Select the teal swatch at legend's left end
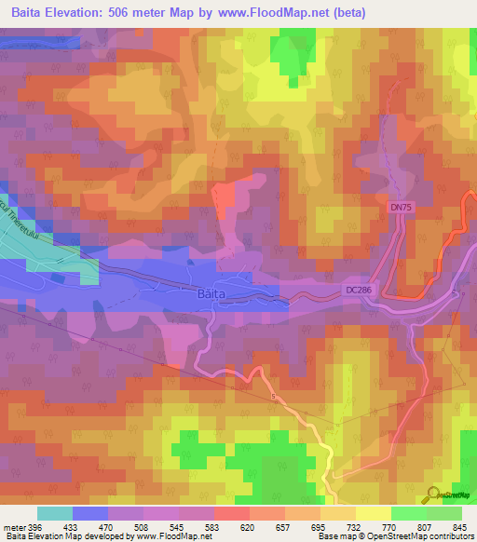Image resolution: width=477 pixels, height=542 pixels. [x=55, y=513]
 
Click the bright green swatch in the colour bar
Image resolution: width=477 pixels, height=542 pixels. [x=408, y=513]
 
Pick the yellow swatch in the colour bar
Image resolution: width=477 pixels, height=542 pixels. [x=373, y=513]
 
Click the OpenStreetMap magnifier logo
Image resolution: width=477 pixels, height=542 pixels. [x=434, y=493]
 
